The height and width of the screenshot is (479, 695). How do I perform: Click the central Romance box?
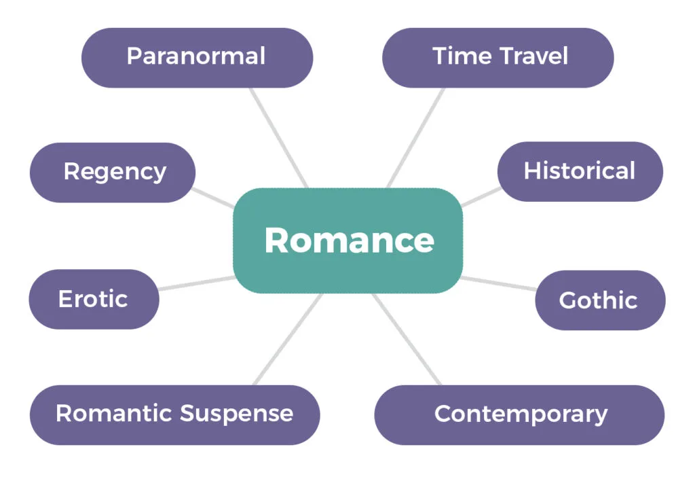(x=348, y=241)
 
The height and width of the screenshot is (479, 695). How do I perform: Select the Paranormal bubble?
(x=198, y=58)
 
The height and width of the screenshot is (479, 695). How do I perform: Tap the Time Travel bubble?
(x=497, y=58)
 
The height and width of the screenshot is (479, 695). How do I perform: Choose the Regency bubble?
(x=113, y=173)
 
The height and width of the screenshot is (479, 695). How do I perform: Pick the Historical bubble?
(x=580, y=172)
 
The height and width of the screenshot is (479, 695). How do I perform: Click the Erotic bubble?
(x=94, y=299)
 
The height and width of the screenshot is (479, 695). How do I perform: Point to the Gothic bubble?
(x=600, y=300)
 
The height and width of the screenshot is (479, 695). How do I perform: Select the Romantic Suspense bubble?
(x=174, y=414)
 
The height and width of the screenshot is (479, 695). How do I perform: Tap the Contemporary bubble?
(x=519, y=414)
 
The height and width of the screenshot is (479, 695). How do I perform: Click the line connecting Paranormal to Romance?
(x=278, y=137)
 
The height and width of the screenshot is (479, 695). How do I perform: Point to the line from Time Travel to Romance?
(x=416, y=137)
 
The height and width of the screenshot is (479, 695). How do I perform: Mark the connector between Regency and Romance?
(x=213, y=198)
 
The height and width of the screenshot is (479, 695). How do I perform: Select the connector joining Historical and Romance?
(x=481, y=196)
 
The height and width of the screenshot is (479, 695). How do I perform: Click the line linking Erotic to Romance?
(x=197, y=283)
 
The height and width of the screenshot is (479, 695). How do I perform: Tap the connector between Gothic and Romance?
(x=499, y=283)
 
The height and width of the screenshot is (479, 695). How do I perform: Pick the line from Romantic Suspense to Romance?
(x=288, y=339)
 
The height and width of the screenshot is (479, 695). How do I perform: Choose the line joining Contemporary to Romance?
(x=407, y=339)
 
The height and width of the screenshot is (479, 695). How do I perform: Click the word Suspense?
(x=237, y=414)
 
